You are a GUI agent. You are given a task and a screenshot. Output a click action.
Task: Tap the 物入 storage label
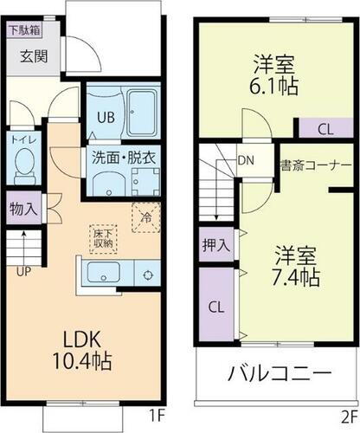pyautogui.click(x=23, y=208)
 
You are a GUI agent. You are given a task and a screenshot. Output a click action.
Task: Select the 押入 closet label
pyautogui.click(x=215, y=245)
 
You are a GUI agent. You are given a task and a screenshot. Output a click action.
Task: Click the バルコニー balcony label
pyautogui.click(x=279, y=375)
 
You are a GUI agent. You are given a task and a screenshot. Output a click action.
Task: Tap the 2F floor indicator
pyautogui.click(x=348, y=414)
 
